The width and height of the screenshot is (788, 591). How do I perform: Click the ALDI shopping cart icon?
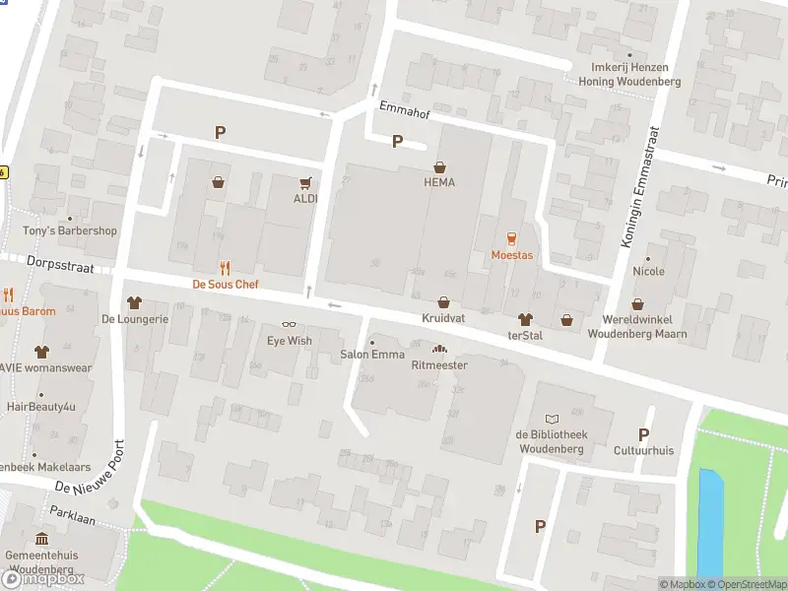pos(306,182)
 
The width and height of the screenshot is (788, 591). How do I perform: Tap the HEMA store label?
pos(439,182)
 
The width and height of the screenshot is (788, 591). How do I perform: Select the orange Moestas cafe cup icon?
pos(511,238)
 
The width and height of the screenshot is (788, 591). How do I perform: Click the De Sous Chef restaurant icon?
pos(226,267)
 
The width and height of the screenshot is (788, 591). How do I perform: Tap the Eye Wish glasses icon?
pos(290,324)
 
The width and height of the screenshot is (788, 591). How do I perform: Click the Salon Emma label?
pos(372,355)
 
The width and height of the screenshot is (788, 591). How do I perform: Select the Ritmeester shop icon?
pos(439,349)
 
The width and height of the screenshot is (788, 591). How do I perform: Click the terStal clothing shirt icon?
pos(525,319)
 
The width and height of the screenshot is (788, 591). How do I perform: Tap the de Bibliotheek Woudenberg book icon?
pos(551,419)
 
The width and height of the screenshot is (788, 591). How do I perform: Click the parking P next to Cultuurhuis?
pos(643,434)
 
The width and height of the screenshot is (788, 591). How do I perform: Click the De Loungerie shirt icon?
pos(135,302)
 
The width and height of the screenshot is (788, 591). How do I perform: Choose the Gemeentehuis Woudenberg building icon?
pos(41,539)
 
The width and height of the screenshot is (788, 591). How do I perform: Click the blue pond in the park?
pos(709,521)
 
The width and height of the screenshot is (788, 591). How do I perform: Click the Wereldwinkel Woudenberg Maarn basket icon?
pos(637,304)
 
